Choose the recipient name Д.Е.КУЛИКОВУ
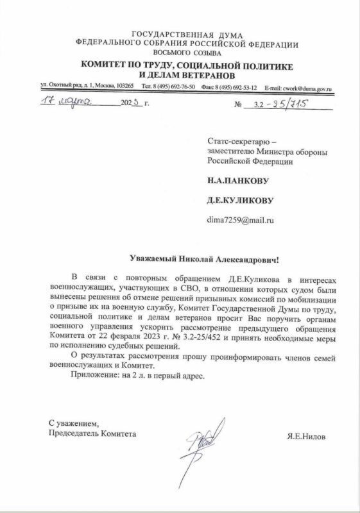pyautogui.click(x=240, y=201)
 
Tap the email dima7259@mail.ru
pyautogui.click(x=236, y=220)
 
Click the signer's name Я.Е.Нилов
pyautogui.click(x=307, y=436)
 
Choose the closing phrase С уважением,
pyautogui.click(x=74, y=423)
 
